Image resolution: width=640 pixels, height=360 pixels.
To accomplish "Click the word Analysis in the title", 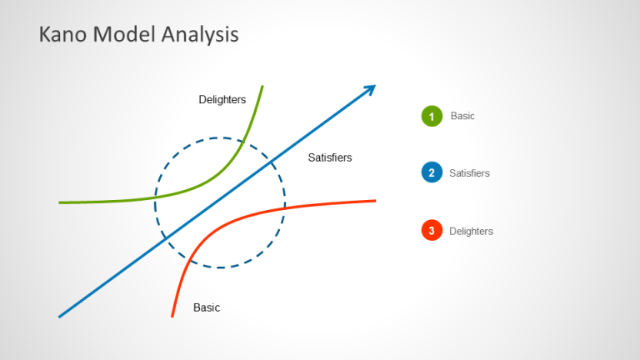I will coord(196,34).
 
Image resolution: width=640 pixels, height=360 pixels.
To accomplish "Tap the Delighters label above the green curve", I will coord(222,100).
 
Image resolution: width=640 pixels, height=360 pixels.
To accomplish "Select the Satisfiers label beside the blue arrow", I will coord(330,157).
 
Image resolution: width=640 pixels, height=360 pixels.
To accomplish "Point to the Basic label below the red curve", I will coord(207,307).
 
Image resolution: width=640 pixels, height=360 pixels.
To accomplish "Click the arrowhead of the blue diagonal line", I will coord(371,88).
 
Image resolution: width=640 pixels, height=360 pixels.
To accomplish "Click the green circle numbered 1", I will coord(432,117).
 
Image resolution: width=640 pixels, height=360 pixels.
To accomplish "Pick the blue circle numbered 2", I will coord(432,173).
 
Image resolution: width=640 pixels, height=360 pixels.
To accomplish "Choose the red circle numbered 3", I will coord(432,231).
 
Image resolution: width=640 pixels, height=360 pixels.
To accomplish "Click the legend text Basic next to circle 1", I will coord(462,116).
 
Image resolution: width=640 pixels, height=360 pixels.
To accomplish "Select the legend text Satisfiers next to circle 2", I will coord(469,173).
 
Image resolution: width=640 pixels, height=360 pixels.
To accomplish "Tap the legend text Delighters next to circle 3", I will coord(471,231).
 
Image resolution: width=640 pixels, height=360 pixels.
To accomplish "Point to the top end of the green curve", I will coord(262,86).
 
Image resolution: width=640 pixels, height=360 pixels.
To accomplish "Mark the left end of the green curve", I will coord(60,202).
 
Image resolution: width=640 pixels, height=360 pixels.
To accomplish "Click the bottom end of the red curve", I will coord(172,316).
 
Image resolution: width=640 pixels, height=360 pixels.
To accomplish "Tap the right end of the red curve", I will coord(375,200).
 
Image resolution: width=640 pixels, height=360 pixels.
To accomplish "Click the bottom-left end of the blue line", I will coord(60,316).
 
